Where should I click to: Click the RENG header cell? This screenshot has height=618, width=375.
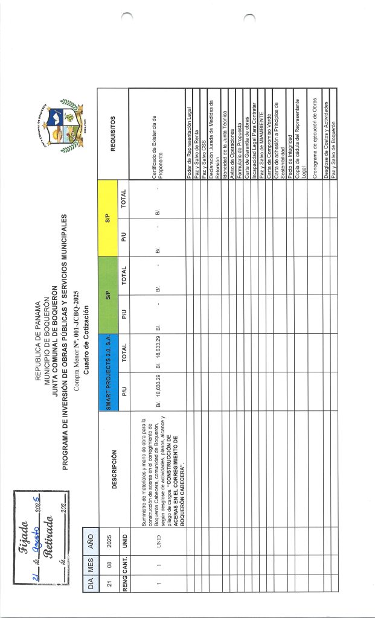[x=123, y=607]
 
